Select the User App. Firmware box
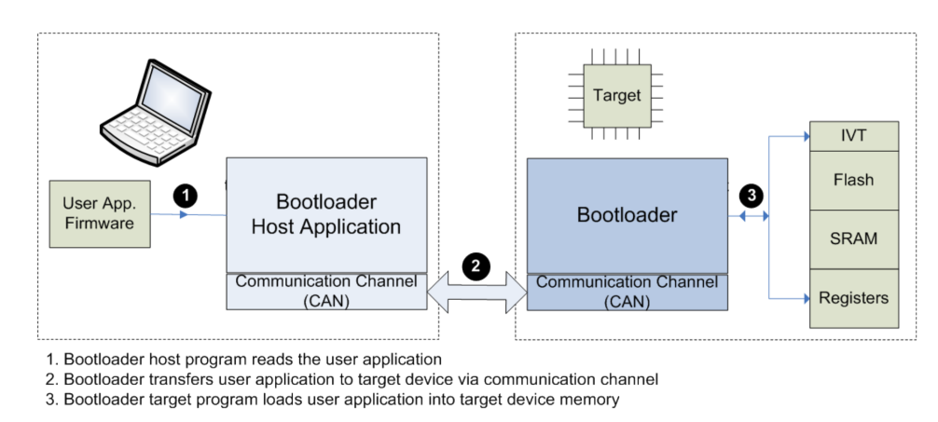(x=99, y=213)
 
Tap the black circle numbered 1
(x=186, y=195)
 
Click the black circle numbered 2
(x=476, y=266)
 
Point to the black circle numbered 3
(x=752, y=196)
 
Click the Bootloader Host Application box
(x=325, y=214)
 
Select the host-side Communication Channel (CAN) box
(x=325, y=291)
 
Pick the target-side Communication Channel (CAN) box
(x=627, y=292)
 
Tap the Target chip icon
(x=616, y=95)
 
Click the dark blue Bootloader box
(x=627, y=215)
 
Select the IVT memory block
(x=853, y=136)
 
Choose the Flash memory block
(x=853, y=179)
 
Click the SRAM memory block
(x=853, y=238)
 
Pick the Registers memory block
(x=853, y=298)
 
